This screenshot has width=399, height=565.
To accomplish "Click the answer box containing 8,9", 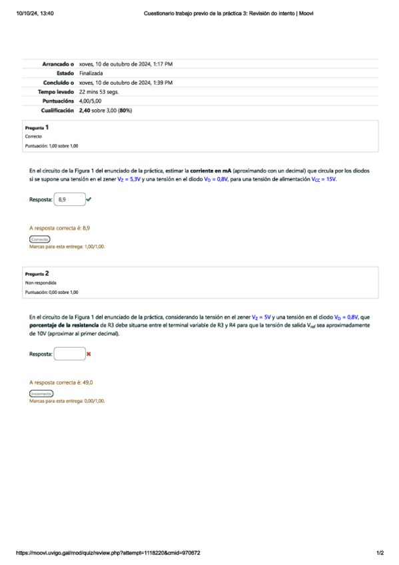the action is (69, 199).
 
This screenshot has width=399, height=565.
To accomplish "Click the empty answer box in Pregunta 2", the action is (69, 354).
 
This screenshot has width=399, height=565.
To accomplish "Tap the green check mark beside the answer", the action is (89, 199).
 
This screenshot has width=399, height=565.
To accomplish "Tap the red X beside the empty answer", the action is (89, 354).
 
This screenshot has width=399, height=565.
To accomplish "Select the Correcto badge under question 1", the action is (39, 239).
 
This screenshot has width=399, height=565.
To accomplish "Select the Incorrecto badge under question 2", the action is (41, 394).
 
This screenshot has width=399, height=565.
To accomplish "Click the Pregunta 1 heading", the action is (37, 127).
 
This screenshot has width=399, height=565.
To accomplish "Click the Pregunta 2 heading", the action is (37, 274).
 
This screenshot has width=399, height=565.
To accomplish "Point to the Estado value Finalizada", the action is (91, 73).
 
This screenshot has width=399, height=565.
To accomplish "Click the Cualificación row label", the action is (56, 110).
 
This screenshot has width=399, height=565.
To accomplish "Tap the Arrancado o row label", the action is (58, 64).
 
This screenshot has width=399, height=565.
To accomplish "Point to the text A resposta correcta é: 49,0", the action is (61, 382).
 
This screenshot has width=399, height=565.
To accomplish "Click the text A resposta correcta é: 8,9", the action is (59, 228).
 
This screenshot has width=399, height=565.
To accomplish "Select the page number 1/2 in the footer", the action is (380, 553).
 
